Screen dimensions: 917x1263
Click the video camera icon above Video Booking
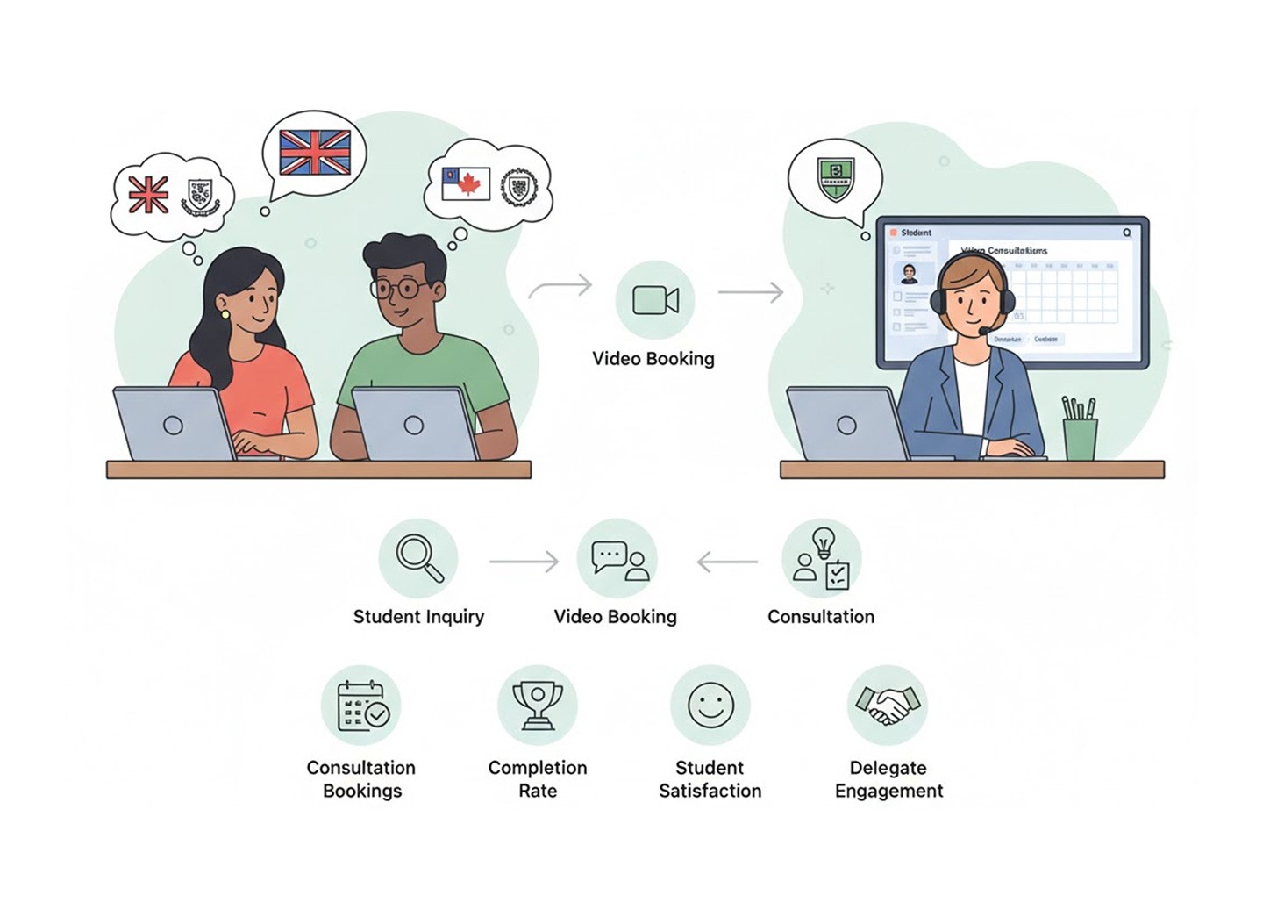(655, 300)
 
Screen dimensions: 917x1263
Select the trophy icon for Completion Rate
(538, 705)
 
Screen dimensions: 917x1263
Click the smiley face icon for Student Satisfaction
(710, 705)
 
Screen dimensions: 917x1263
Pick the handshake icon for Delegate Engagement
(888, 705)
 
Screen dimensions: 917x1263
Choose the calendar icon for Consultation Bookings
(362, 706)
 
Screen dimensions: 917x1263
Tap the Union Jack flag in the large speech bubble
(315, 153)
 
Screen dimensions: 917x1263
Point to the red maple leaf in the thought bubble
(471, 184)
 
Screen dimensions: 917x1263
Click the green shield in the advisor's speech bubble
(835, 178)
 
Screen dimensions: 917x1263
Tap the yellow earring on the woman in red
(225, 314)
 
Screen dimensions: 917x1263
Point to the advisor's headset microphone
(985, 330)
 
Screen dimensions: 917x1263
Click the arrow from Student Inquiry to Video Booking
(524, 562)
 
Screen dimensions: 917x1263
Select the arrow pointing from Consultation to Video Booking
(727, 562)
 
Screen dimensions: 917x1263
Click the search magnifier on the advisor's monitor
(1127, 233)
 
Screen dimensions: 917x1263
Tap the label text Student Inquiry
(418, 617)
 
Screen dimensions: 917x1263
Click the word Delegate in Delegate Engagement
(888, 768)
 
